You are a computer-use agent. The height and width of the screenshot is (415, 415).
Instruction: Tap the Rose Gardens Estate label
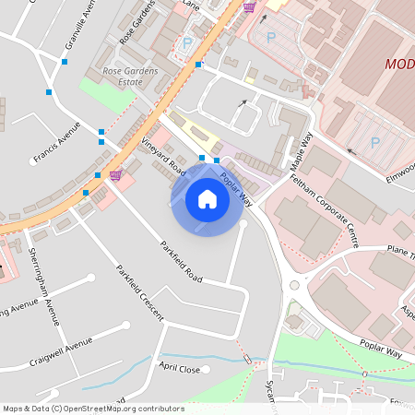[x=130, y=76]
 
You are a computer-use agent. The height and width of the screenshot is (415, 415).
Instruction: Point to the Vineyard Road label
[x=165, y=152]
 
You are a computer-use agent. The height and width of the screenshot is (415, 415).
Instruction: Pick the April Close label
[x=179, y=368]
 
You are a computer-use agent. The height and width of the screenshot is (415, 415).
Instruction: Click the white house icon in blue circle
[x=207, y=199]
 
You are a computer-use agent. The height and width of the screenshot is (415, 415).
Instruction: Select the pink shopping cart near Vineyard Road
[x=115, y=174]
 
